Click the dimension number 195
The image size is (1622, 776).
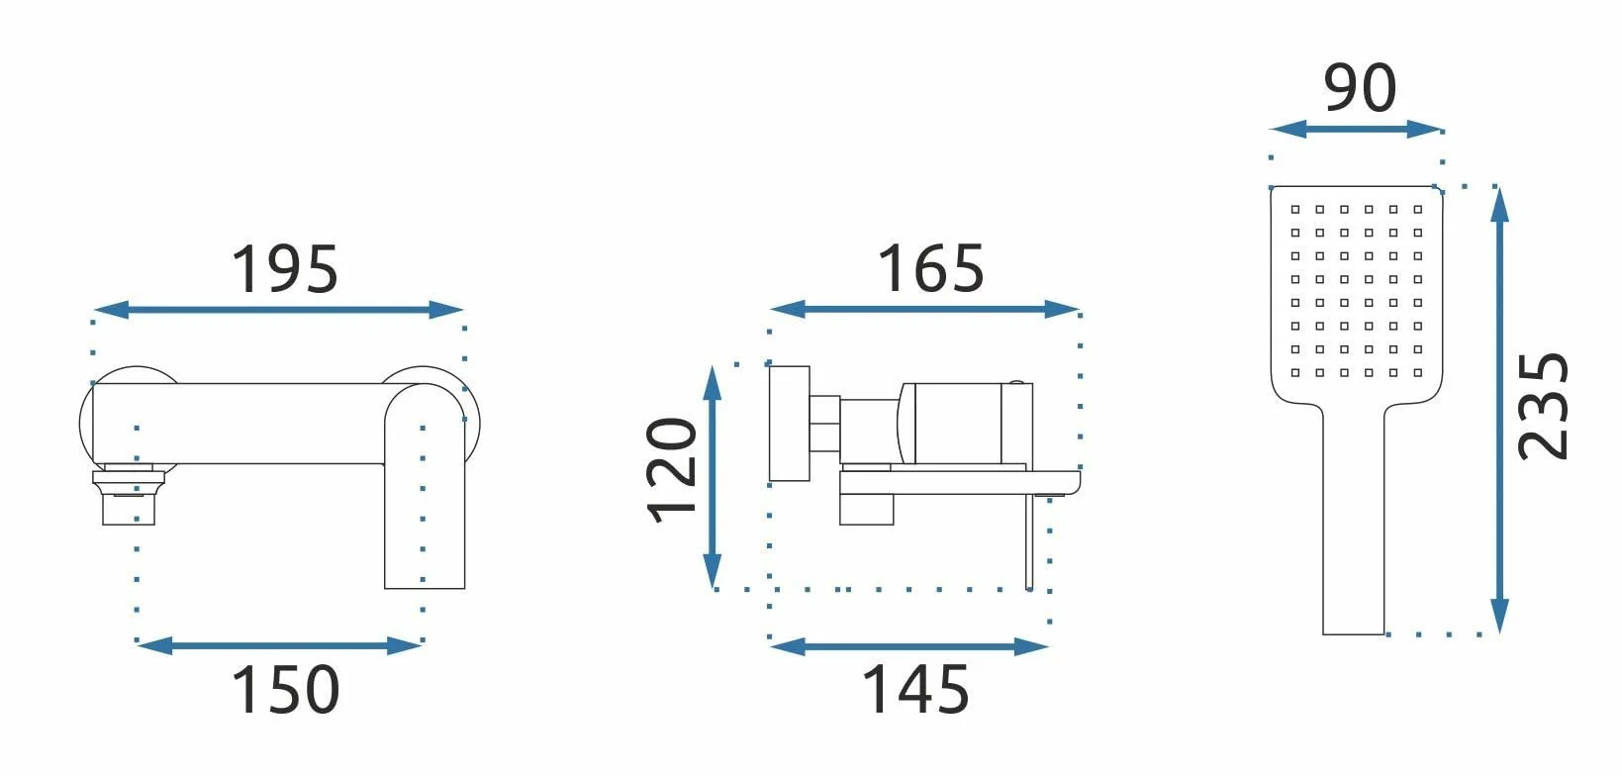[x=285, y=269]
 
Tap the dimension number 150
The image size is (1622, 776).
[x=285, y=689]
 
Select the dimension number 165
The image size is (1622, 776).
[x=931, y=269]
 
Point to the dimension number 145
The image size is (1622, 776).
[x=915, y=689]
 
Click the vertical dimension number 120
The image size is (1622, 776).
[x=671, y=470]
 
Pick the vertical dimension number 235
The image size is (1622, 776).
[x=1543, y=407]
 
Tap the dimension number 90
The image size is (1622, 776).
[x=1360, y=88]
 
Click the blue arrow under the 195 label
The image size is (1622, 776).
[x=279, y=310]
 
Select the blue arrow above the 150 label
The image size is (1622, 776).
[x=279, y=645]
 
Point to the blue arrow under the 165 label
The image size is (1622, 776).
[x=924, y=310]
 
